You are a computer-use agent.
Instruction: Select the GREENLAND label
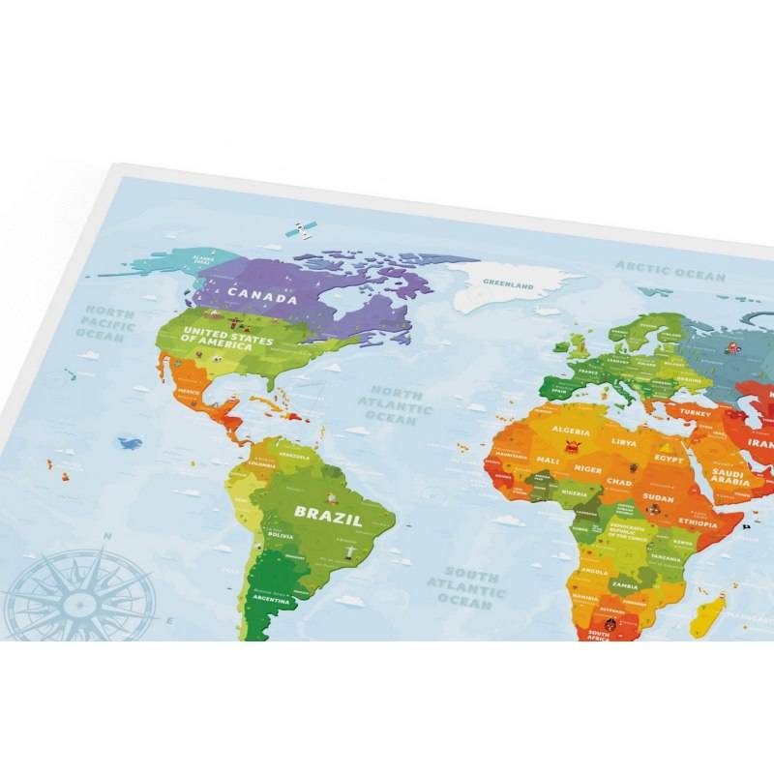click(508, 286)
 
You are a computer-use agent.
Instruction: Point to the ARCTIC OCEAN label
click(670, 271)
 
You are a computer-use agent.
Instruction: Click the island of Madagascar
click(713, 610)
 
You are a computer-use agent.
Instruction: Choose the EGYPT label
click(669, 459)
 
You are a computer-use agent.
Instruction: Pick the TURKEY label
click(696, 412)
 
